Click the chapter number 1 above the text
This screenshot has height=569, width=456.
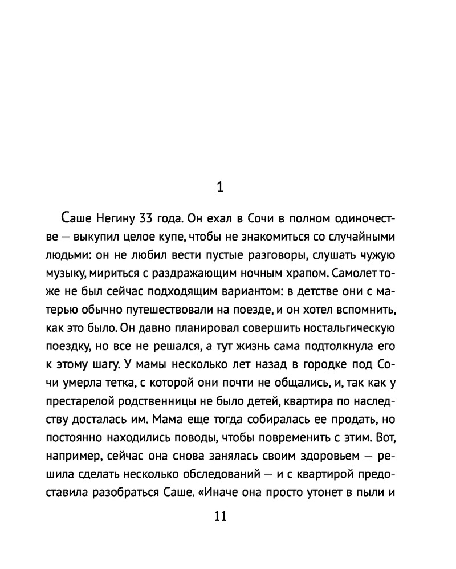(x=222, y=187)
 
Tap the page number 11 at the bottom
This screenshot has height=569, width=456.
(x=221, y=517)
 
